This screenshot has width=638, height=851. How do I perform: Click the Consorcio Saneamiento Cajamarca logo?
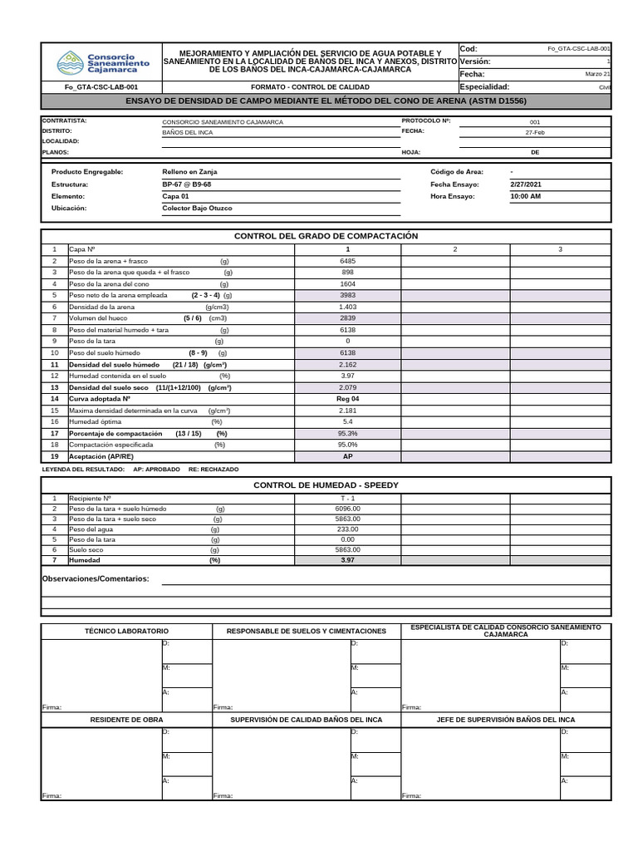103,62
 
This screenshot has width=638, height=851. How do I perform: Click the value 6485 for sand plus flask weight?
347,261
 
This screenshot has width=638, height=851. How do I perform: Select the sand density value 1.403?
347,307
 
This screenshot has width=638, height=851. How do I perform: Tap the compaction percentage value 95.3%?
347,433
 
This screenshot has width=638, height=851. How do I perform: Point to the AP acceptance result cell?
347,456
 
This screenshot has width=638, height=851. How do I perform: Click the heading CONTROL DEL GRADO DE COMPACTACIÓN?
326,236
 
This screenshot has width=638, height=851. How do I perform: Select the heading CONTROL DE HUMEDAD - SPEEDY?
326,485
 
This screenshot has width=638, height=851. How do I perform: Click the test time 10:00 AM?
525,196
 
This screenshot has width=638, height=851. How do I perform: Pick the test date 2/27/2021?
525,184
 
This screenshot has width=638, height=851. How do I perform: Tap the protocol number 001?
534,121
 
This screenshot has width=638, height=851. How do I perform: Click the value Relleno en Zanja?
189,171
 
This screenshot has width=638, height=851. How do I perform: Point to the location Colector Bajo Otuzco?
197,208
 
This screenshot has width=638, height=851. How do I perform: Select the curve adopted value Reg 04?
347,399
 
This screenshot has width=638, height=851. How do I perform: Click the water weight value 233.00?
347,529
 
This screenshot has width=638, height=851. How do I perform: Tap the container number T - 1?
347,498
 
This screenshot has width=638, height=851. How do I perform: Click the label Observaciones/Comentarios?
96,578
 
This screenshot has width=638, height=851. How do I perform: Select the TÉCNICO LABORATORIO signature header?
127,632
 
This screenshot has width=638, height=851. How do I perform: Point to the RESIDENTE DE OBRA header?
127,720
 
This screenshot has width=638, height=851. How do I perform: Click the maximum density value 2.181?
347,411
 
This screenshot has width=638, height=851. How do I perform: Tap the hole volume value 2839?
347,318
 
